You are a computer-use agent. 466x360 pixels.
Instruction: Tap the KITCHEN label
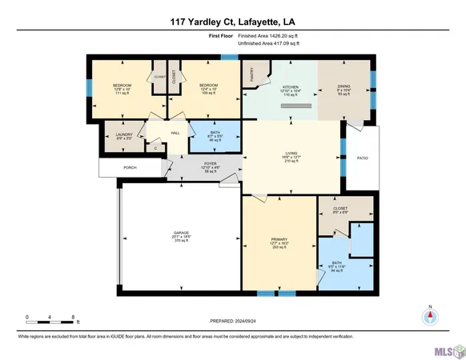point(290,86)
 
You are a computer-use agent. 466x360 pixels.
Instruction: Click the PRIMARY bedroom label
point(279,239)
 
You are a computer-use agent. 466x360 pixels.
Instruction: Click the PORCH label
point(130,168)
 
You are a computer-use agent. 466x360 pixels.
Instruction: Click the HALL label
point(174,134)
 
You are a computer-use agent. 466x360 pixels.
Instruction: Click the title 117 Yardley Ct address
point(232,22)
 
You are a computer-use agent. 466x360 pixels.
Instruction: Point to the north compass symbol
point(428,315)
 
